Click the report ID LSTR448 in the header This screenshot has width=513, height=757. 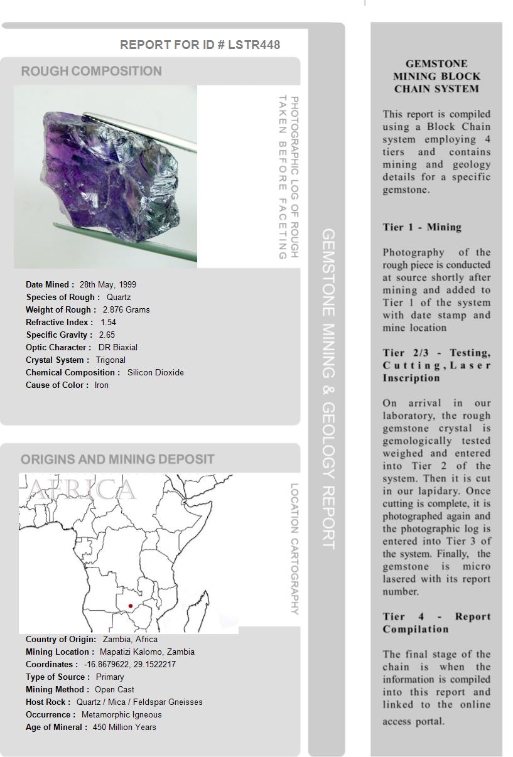pos(254,45)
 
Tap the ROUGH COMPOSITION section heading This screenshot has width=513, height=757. pos(91,72)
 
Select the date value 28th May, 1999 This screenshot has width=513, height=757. pos(107,284)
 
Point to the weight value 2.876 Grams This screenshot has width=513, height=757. pos(126,309)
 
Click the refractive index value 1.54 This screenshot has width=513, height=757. pos(108,322)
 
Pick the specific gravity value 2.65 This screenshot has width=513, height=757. pos(107,335)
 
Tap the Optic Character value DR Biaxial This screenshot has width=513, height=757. pos(117,347)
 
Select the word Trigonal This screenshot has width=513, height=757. pos(111,360)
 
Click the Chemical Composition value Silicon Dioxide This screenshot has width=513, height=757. pos(155,372)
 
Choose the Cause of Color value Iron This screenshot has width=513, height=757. pos(101,385)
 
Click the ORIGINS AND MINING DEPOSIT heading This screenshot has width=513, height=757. pos(117,459)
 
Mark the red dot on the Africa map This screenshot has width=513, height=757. pos(130,606)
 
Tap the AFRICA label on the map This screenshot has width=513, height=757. pos(82,490)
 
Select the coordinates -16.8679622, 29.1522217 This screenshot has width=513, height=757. pos(129,664)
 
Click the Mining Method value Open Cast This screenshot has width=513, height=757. pos(114,689)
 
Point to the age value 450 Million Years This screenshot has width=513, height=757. pos(124,727)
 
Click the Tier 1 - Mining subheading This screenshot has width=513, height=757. pos(422,227)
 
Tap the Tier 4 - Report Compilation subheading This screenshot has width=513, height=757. pos(436,623)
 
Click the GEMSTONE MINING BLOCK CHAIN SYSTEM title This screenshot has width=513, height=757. pos(436,76)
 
